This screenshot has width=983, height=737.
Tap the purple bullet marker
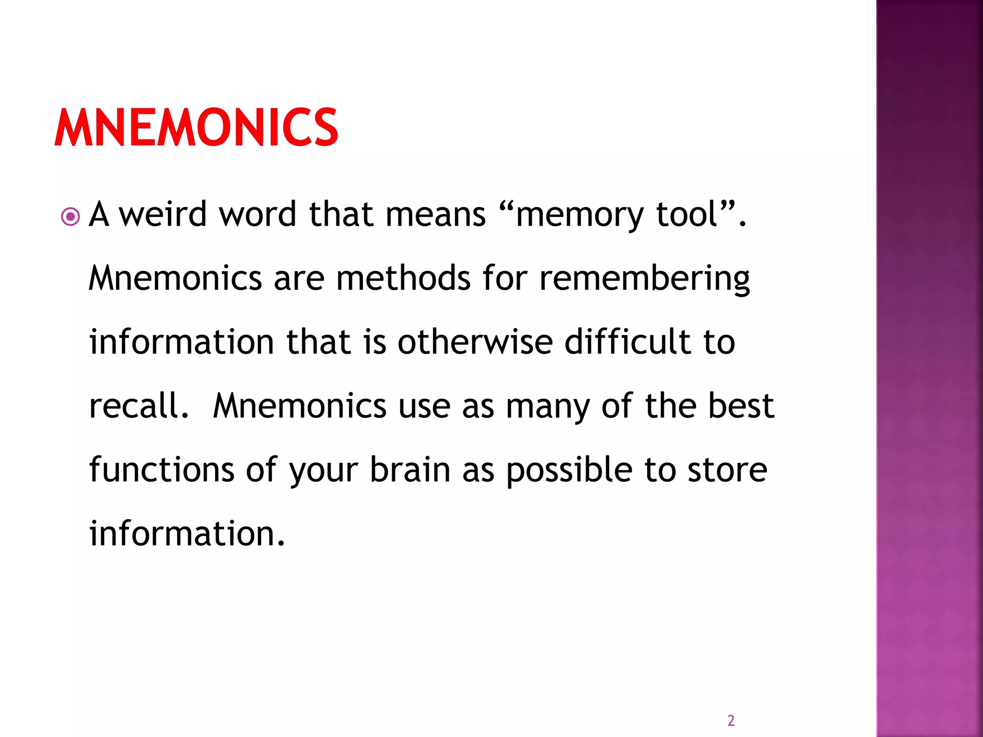pos(71,217)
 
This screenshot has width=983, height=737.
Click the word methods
pos(403,278)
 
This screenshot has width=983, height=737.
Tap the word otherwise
pos(475,342)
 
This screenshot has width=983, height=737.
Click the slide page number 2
pos(731,720)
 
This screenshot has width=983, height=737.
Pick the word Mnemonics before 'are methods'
pos(175,278)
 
